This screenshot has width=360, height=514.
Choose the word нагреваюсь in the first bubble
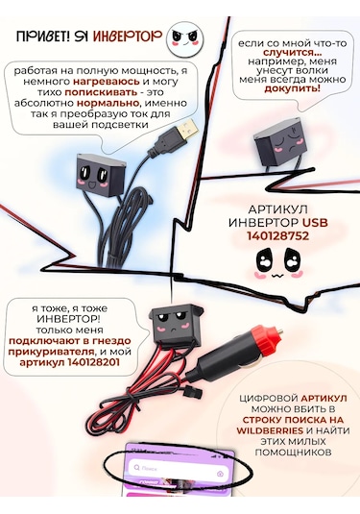(x=99, y=82)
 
